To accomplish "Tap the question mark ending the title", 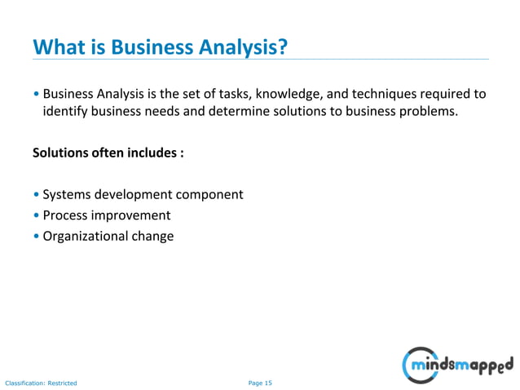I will (x=284, y=47).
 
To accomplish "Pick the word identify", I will (x=65, y=112).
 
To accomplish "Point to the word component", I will (x=209, y=195).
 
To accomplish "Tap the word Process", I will (x=65, y=215).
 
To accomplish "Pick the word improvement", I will (x=130, y=215).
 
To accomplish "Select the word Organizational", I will (x=82, y=237).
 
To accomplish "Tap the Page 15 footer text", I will (x=260, y=382).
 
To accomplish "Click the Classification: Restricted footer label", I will (x=41, y=382).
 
